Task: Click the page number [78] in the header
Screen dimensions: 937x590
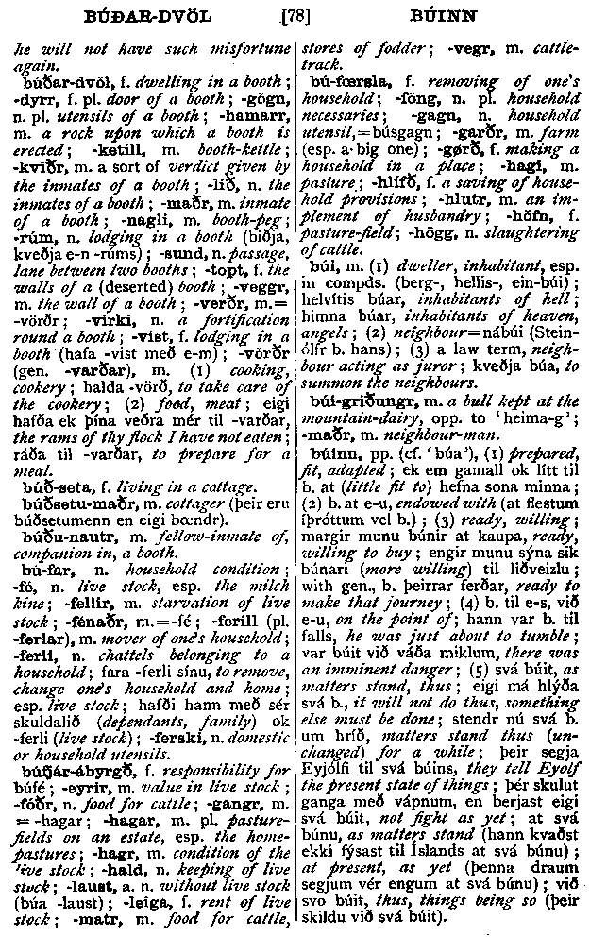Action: [x=295, y=16]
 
